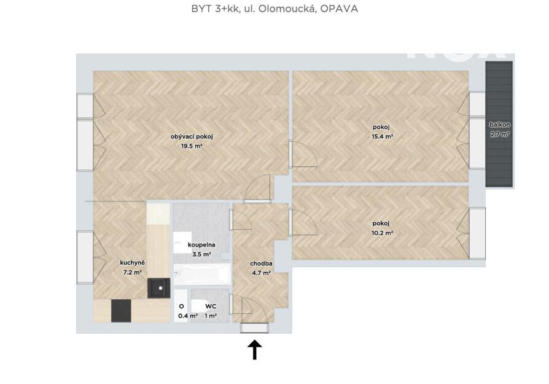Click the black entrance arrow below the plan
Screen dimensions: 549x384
[255, 350]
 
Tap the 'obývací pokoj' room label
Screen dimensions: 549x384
[192, 136]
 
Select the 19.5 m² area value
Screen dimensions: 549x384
[192, 146]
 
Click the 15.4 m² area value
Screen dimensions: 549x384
[382, 136]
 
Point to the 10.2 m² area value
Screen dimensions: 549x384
[382, 233]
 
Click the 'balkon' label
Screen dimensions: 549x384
[500, 124]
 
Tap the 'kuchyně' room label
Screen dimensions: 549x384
[133, 263]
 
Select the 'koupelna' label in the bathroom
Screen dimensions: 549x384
[201, 245]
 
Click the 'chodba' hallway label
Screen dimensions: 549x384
[261, 264]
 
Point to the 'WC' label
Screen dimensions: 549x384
[211, 306]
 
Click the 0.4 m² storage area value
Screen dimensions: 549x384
[188, 316]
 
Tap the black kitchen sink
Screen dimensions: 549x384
[159, 288]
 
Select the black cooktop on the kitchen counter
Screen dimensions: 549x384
[121, 311]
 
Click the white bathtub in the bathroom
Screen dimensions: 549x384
[202, 275]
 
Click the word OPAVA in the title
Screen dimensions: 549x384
[339, 9]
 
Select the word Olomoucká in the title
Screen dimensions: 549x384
[288, 9]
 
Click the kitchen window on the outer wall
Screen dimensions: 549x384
[85, 257]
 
